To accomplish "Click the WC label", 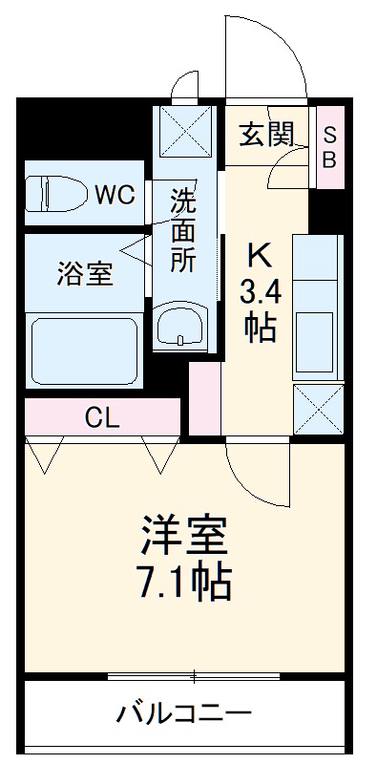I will coord(114,195).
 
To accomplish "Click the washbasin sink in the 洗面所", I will coord(182,329).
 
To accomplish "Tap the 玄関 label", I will coord(265,135).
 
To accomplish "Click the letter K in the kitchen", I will coord(260,256).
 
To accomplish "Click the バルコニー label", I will coord(184,713).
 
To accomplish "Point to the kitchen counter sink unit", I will coord(317,306).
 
